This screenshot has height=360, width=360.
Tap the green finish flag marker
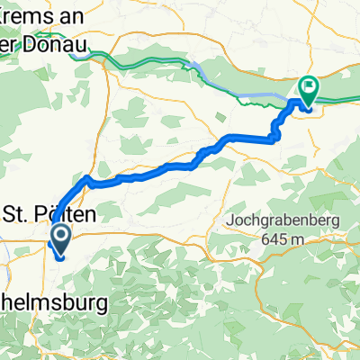point(309,88)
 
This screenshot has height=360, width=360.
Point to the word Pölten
point(70,214)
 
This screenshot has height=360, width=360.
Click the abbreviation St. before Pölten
point(20,214)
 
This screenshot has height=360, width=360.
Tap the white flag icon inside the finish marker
point(309,86)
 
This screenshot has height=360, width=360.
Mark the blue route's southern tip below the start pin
point(59,259)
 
